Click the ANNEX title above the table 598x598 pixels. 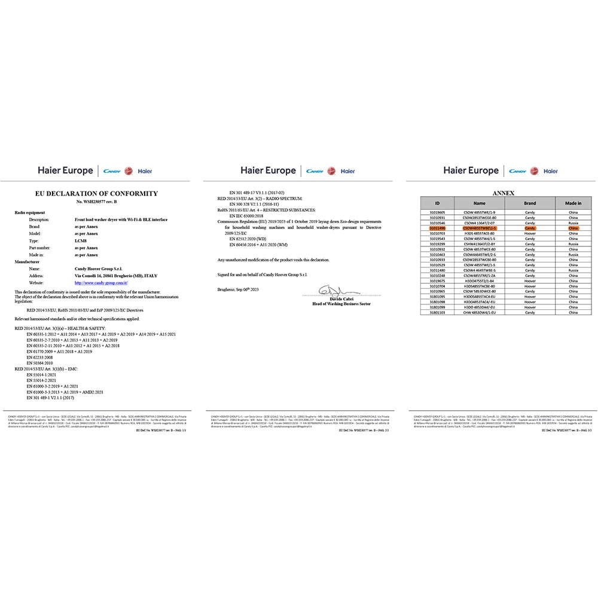(503, 194)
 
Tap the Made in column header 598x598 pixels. (573, 203)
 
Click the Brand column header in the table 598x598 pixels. (530, 203)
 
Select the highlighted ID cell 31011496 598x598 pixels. (438, 228)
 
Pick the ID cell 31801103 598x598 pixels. (438, 312)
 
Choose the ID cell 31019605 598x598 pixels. (438, 212)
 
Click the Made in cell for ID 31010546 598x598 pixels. (573, 222)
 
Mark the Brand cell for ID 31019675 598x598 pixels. (530, 280)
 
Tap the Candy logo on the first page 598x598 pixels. (112, 171)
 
